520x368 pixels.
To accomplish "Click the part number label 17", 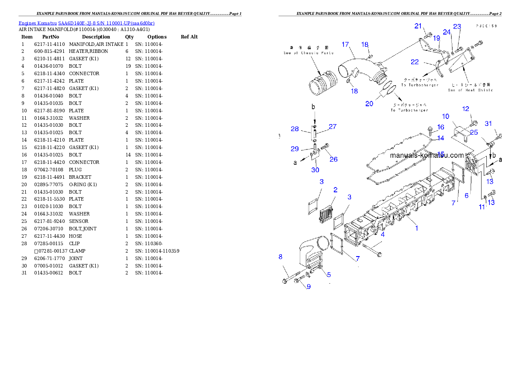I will (345, 44).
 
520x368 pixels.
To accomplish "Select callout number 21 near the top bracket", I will (418, 26).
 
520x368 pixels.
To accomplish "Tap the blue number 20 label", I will (369, 104).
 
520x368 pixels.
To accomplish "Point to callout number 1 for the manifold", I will (416, 228).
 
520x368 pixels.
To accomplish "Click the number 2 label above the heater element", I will (335, 190).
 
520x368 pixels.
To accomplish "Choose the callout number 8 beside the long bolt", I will (281, 257).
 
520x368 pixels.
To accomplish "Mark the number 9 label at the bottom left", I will (309, 287).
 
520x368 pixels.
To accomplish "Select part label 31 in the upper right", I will (488, 124).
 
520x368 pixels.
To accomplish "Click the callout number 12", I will (465, 109).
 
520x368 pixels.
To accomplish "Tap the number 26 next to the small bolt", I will (333, 159).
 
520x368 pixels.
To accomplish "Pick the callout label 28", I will (295, 128).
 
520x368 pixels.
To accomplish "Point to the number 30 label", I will (315, 170).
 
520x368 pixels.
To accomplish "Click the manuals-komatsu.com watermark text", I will (426, 155).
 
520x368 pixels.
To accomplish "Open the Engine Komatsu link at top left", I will (87, 23).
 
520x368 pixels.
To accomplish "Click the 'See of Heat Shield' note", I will (470, 88).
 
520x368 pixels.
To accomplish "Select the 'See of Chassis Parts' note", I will (308, 50).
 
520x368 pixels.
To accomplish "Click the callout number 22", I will (415, 62).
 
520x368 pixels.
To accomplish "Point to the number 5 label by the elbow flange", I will (329, 275).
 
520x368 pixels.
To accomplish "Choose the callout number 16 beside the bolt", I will (440, 127).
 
